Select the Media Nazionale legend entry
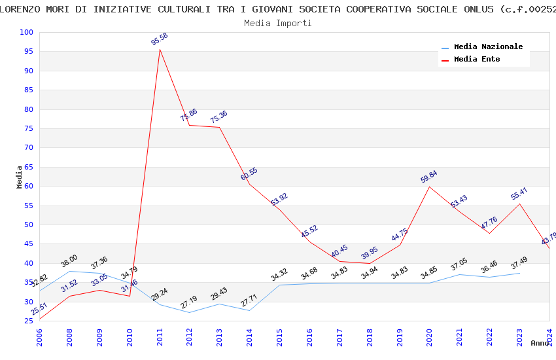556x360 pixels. [x=488, y=47]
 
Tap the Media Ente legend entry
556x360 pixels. [x=477, y=59]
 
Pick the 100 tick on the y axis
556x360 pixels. [x=27, y=33]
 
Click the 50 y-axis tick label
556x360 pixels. [x=29, y=225]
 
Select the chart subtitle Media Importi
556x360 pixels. [x=278, y=23]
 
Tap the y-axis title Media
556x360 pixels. [x=20, y=177]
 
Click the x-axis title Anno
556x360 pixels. [x=540, y=343]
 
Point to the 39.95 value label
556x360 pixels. [x=370, y=253]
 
